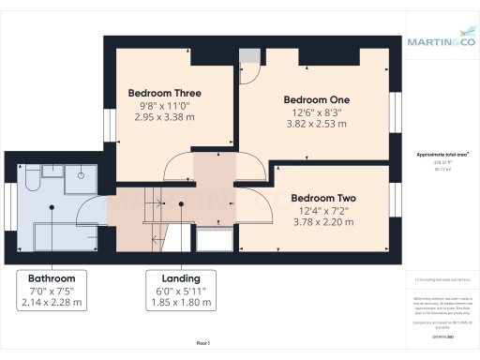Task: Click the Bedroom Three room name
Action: coord(167,93)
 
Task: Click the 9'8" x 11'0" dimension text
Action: coord(167,106)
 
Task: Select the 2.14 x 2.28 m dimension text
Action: coord(52,302)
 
